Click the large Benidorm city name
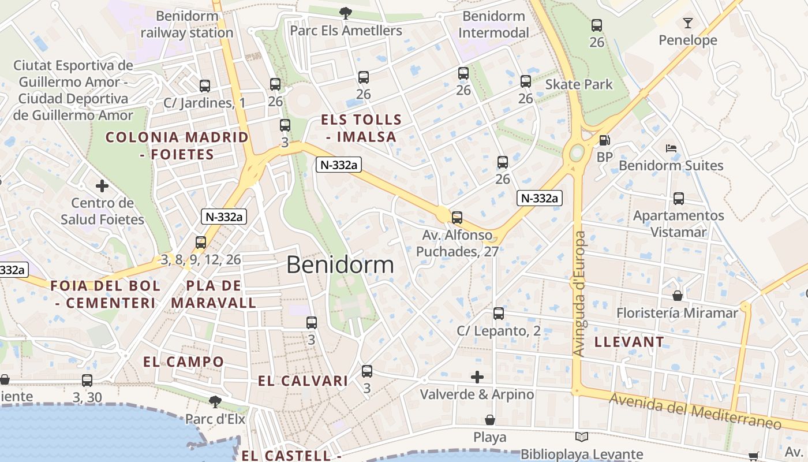tap(340, 264)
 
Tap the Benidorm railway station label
tap(187, 24)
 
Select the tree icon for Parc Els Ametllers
tap(345, 12)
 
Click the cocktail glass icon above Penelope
tap(687, 23)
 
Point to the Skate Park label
tap(579, 84)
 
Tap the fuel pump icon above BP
tap(604, 140)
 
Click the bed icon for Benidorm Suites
tap(671, 148)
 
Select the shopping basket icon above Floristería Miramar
tap(678, 296)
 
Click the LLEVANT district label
tap(629, 342)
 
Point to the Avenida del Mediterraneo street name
tap(695, 411)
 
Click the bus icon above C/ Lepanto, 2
tap(499, 314)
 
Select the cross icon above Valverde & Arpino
tap(477, 377)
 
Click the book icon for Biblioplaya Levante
tap(582, 437)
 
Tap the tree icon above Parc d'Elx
tap(215, 401)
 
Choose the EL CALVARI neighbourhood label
tap(303, 381)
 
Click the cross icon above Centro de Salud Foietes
tap(102, 186)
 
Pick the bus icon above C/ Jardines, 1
tap(204, 86)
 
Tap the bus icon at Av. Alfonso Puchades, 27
tap(457, 218)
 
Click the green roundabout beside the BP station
tap(577, 153)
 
